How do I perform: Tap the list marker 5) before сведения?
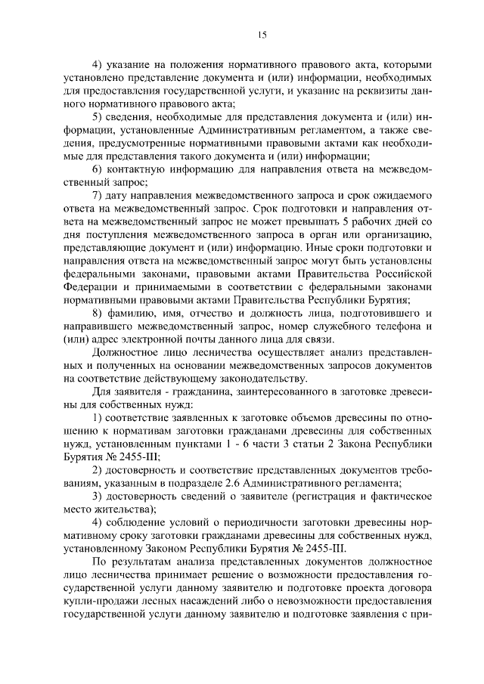[98, 118]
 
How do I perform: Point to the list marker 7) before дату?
[98, 195]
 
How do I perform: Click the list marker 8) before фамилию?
[98, 312]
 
